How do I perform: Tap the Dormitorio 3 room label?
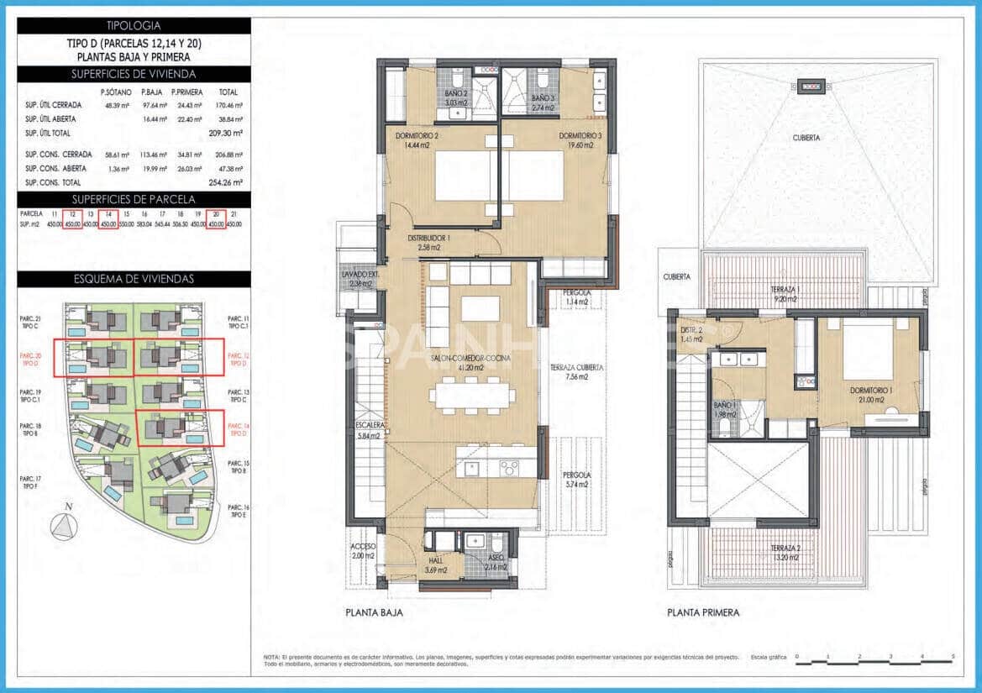pos(575,139)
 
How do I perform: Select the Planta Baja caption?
pos(374,612)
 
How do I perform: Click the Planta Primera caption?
pos(703,612)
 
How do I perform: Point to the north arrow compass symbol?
pos(64,524)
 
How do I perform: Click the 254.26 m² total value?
pos(224,182)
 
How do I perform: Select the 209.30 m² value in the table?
pos(224,133)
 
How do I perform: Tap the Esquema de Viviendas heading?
pos(134,279)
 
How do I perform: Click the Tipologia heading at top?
pos(134,26)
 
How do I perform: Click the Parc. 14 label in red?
pos(238,429)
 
